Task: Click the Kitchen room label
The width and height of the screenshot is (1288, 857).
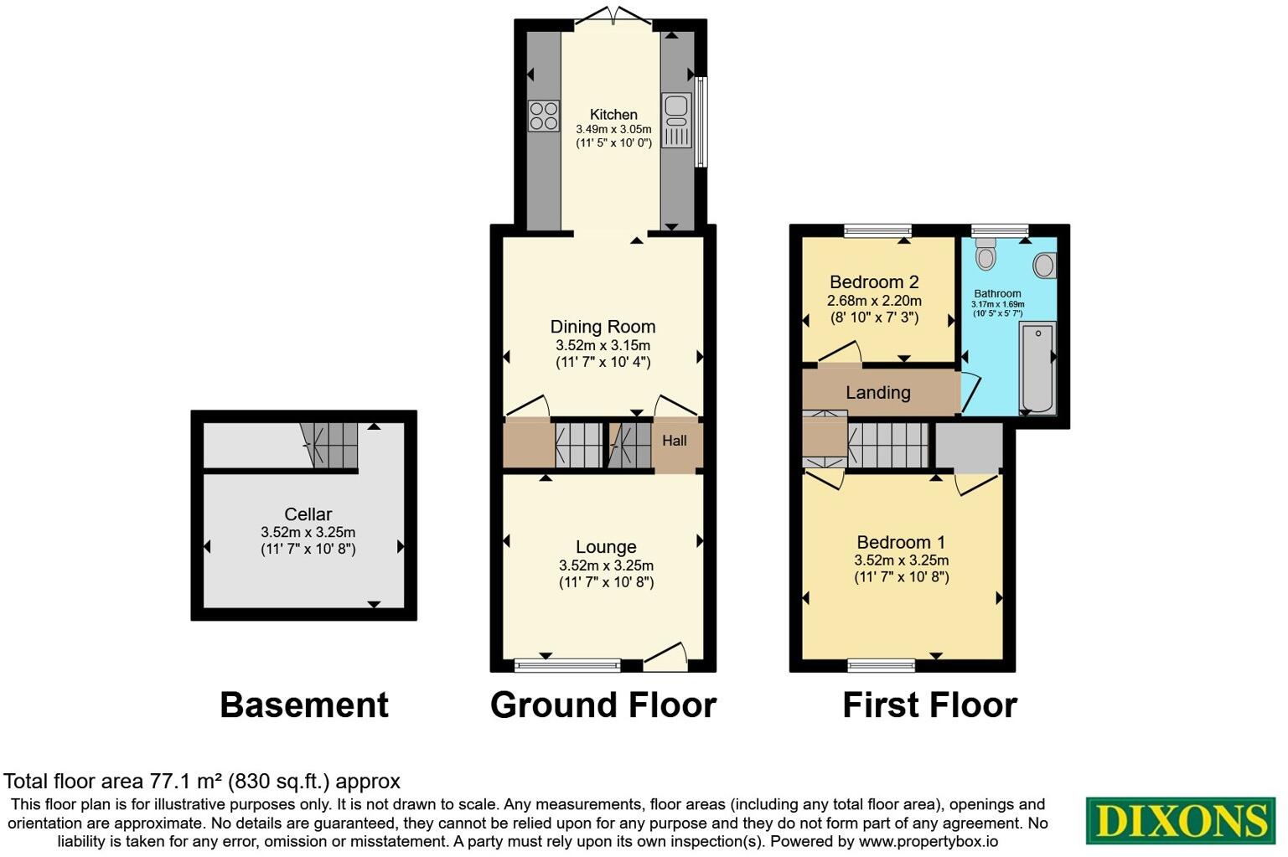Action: pyautogui.click(x=613, y=115)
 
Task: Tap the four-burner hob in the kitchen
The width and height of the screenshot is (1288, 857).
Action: pyautogui.click(x=544, y=116)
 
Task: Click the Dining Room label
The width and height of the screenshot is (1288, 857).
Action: pyautogui.click(x=603, y=327)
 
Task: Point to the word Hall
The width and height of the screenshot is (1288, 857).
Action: pyautogui.click(x=675, y=441)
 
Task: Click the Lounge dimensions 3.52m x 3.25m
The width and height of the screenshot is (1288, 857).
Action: pyautogui.click(x=606, y=565)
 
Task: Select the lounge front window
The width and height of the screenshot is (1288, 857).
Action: pyautogui.click(x=567, y=666)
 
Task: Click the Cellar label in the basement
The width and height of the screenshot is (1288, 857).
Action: pyautogui.click(x=308, y=514)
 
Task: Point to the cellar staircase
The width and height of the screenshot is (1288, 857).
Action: pyautogui.click(x=329, y=444)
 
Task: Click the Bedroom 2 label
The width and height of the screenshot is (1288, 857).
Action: pyautogui.click(x=874, y=282)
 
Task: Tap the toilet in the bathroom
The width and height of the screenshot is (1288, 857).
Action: pyautogui.click(x=985, y=253)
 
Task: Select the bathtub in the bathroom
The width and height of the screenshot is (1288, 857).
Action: pyautogui.click(x=1037, y=369)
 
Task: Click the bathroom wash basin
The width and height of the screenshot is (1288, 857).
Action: pyautogui.click(x=1044, y=266)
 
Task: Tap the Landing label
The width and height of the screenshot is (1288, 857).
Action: pyautogui.click(x=877, y=392)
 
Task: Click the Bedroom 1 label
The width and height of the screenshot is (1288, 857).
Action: pyautogui.click(x=901, y=542)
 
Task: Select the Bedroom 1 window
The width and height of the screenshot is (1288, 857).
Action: pyautogui.click(x=881, y=666)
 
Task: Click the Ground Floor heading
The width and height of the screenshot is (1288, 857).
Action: pyautogui.click(x=603, y=705)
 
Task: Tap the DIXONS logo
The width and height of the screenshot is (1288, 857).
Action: pyautogui.click(x=1180, y=820)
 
